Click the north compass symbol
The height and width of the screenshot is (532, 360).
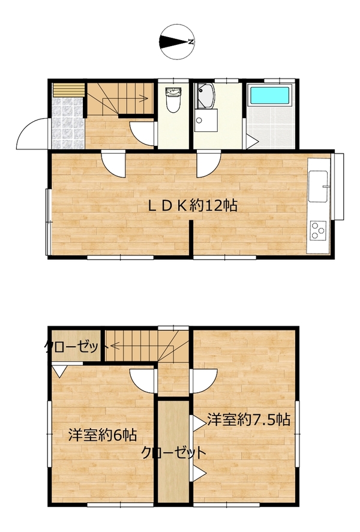pos(177,42)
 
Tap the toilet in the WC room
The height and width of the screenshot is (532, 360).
pos(173,100)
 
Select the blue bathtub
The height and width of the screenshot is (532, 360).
pos(270,95)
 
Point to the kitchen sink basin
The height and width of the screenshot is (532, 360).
pos(318,187)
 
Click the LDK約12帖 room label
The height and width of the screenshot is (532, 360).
pos(193,206)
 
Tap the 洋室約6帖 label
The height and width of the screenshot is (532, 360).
pos(103,435)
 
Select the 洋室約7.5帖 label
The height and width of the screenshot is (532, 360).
pos(249,420)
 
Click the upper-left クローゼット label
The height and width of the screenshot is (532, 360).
pos(76,347)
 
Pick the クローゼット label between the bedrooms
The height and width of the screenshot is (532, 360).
pos(173,453)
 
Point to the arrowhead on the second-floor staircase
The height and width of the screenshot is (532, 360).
pos(114,347)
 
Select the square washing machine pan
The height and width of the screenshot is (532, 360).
pos(206,121)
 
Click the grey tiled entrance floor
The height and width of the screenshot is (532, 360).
pos(68,123)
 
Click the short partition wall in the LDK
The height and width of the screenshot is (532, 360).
pos(191,238)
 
